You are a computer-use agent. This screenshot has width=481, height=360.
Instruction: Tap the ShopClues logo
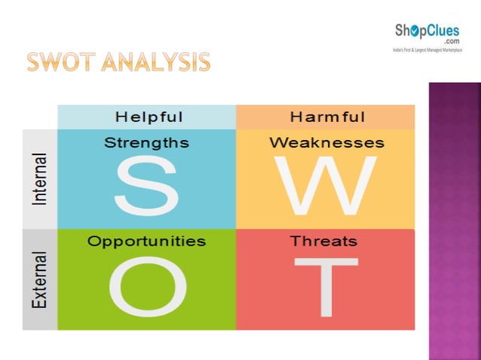coord(427,35)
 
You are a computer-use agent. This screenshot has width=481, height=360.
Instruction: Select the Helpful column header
coord(149,117)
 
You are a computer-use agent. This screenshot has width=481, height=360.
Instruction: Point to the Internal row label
coord(40,179)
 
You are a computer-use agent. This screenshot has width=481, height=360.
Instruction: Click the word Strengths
coord(146,142)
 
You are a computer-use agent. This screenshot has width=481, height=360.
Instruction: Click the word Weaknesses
coord(326,142)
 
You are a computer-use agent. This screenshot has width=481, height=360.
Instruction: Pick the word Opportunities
coord(146,242)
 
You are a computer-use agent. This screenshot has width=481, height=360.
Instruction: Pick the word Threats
coord(324,242)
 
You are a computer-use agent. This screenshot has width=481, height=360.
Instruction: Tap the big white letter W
coord(325,186)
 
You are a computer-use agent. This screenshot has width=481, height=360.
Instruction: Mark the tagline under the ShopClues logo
coord(427,50)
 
